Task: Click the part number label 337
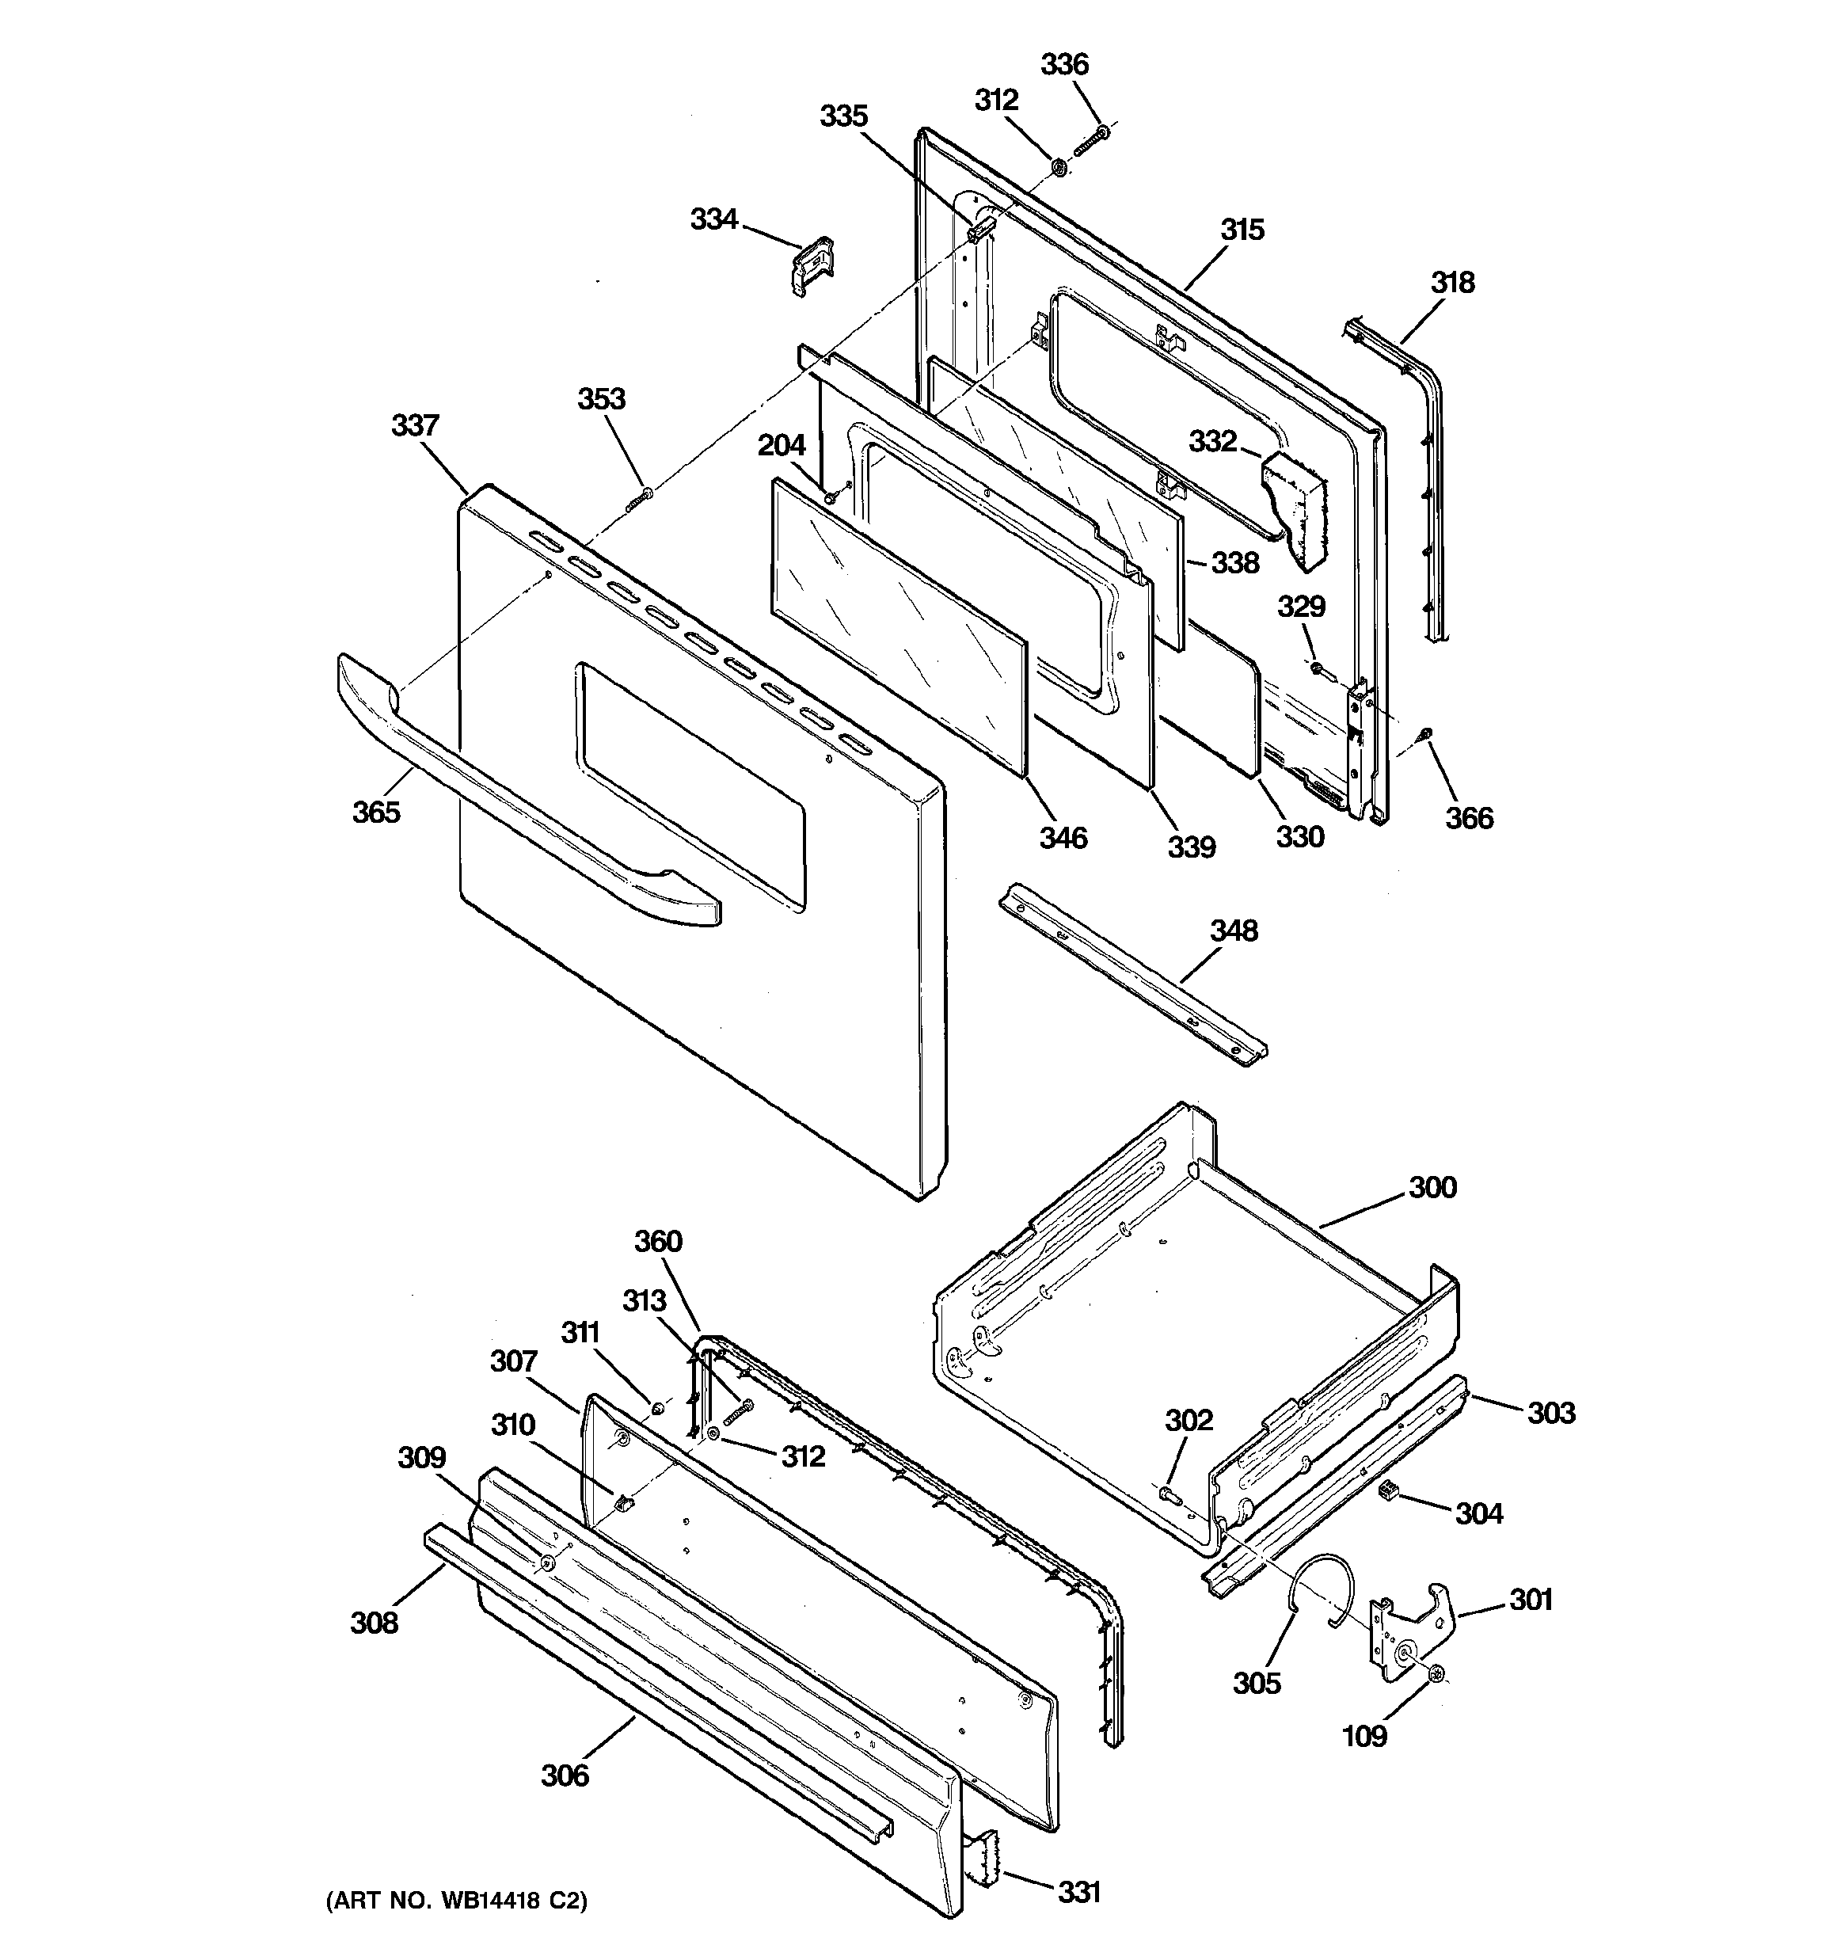point(414,426)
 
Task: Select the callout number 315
point(1242,230)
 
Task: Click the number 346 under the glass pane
point(1063,838)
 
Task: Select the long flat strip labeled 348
point(1134,976)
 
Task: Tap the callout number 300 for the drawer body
point(1432,1187)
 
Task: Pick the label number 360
point(658,1241)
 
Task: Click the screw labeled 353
point(639,498)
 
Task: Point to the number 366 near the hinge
point(1470,818)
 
